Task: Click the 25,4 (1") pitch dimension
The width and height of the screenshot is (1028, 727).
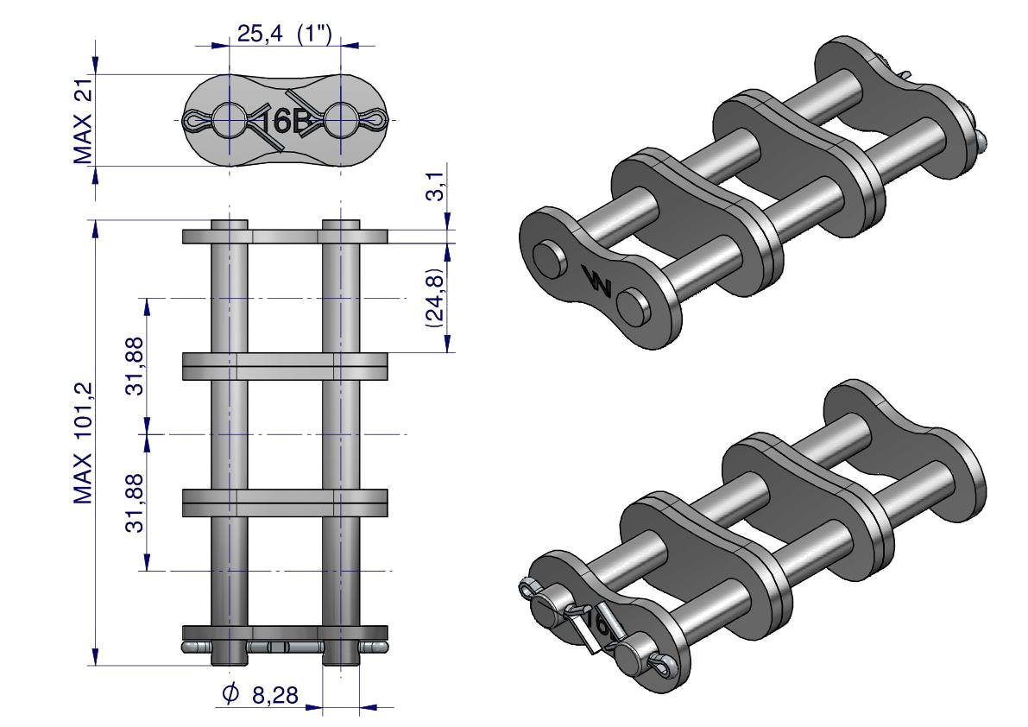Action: (284, 34)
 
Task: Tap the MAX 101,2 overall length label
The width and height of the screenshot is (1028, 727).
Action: (83, 443)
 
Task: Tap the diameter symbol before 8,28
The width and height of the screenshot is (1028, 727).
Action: (230, 693)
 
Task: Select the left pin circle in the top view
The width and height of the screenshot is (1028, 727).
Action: (230, 120)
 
